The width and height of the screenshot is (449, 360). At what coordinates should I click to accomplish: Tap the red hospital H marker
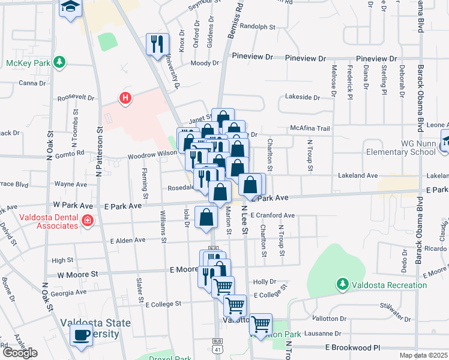click(125, 97)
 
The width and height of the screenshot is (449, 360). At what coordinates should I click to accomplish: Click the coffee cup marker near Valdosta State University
click(82, 335)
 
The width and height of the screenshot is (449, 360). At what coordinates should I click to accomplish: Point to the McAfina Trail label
click(310, 128)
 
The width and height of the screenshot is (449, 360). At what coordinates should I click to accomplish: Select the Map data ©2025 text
click(424, 355)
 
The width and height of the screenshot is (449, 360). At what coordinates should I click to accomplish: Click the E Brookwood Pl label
click(353, 347)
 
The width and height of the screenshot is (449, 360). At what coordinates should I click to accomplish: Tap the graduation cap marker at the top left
click(70, 8)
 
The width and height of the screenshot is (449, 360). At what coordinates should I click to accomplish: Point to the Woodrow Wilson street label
click(152, 154)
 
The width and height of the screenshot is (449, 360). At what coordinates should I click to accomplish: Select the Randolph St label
click(257, 27)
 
